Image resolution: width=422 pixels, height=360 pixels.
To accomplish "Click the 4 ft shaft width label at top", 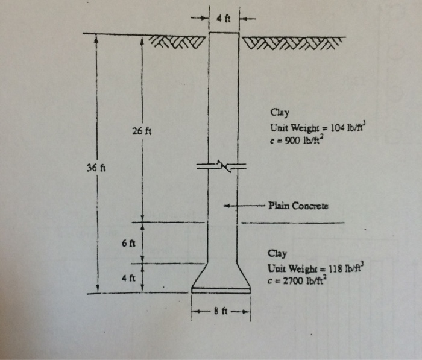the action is (x=224, y=19).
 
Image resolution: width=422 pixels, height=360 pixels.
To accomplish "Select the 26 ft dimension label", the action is (x=142, y=131).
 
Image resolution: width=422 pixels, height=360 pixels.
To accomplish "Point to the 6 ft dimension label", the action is (x=128, y=244).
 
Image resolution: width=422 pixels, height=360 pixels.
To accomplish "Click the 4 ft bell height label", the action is (x=128, y=278).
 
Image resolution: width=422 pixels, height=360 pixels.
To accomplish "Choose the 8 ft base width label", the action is (x=221, y=312).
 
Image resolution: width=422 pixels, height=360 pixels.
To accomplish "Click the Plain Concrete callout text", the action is (x=298, y=206).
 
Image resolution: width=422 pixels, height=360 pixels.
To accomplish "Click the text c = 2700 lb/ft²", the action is (x=297, y=281).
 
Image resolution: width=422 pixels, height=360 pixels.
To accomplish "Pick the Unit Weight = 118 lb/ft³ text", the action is (x=316, y=268).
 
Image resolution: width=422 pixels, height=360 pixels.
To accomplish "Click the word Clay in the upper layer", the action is (x=280, y=113).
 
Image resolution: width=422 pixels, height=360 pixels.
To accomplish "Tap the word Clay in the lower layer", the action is (x=277, y=254).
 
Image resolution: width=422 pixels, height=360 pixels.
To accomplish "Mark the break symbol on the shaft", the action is (x=221, y=166).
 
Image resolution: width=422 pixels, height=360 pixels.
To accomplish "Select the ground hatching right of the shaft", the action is (x=294, y=43).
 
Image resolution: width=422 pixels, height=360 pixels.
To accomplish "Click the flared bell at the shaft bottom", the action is (x=221, y=277).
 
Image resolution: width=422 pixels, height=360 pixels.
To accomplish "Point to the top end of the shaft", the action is (x=224, y=33).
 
